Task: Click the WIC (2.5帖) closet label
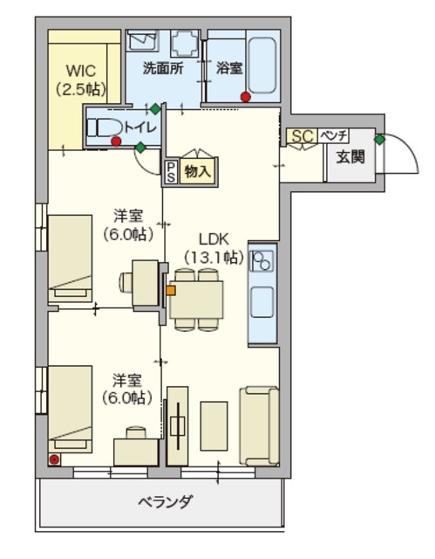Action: click(81, 79)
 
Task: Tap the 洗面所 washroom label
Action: click(163, 68)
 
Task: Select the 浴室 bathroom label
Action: click(229, 68)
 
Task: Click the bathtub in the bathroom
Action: click(262, 65)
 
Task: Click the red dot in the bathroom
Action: click(246, 97)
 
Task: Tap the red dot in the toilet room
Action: click(116, 141)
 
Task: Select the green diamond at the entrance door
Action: click(380, 140)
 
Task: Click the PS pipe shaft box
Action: click(171, 172)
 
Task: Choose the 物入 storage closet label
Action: click(198, 172)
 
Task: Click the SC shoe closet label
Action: click(302, 136)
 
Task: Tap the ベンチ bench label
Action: click(333, 135)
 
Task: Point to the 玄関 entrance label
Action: click(350, 157)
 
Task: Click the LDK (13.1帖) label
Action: click(214, 248)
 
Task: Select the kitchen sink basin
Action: click(262, 302)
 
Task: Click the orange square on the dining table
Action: click(171, 291)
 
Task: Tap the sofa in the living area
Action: click(259, 426)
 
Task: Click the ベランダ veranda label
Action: click(166, 502)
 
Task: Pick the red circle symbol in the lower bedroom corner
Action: click(54, 460)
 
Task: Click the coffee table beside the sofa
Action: click(214, 426)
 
